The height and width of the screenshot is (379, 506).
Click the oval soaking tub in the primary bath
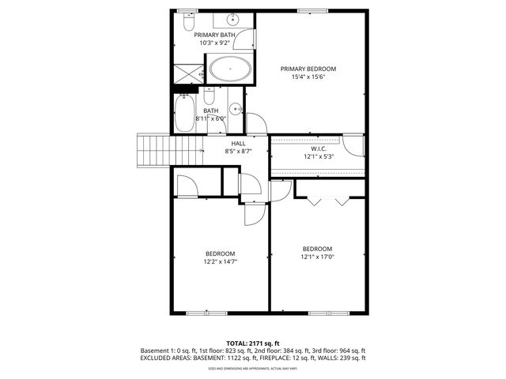tap(230, 69)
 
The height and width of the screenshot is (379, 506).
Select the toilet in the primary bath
tap(202, 73)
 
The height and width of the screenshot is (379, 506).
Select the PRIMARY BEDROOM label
tap(308, 69)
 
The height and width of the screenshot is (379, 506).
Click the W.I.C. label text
tap(319, 148)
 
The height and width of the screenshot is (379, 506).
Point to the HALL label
tap(238, 143)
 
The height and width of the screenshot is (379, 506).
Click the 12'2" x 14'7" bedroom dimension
tap(221, 261)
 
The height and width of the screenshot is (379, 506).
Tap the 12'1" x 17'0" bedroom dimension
tap(317, 256)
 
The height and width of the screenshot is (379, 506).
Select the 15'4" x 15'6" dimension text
tap(308, 77)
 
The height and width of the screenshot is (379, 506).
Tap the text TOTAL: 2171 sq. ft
tap(253, 343)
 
